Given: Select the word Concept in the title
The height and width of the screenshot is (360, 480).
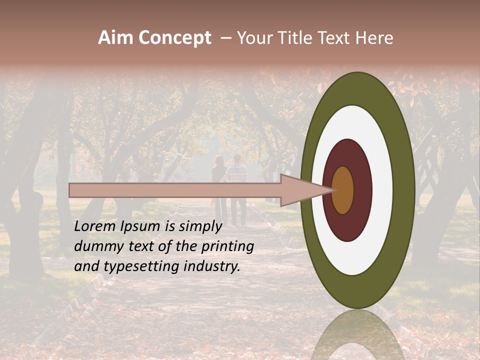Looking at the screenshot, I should point(175,38).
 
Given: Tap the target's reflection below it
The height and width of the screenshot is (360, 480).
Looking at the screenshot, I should point(357,335).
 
